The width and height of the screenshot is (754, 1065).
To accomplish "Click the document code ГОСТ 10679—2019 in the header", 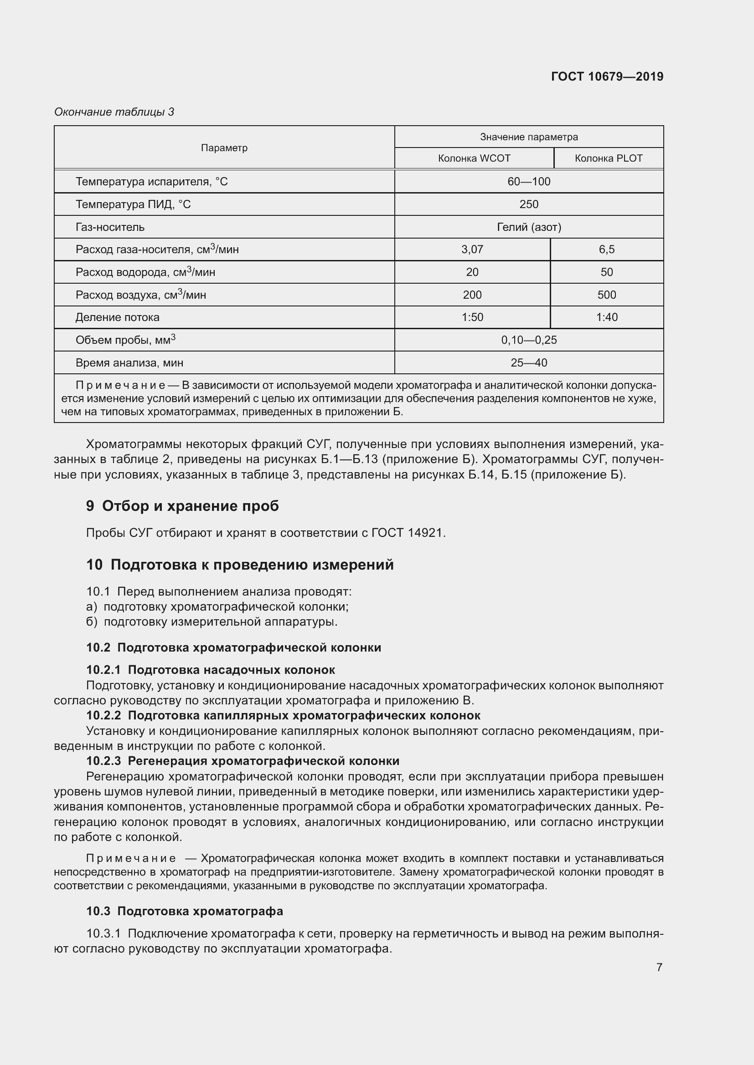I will point(607,76).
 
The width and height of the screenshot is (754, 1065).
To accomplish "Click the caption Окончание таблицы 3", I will point(114,112).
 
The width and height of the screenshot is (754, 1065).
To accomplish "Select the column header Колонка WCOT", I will point(474,158).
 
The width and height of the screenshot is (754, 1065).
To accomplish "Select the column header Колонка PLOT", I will point(608,158).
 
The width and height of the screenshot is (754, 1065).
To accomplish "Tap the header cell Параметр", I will point(224,148).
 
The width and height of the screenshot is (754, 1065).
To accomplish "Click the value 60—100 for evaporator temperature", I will point(528,181).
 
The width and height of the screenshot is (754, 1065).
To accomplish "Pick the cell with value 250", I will point(528,204).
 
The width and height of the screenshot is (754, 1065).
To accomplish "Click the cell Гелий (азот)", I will point(528,227).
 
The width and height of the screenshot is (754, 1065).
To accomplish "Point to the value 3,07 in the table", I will point(472,250).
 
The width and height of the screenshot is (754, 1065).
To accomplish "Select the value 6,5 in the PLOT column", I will point(606,250).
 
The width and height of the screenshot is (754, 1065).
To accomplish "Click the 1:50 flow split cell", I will point(472,317).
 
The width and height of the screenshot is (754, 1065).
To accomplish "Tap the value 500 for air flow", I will point(606,295).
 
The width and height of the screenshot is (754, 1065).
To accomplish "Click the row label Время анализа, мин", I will point(129,363).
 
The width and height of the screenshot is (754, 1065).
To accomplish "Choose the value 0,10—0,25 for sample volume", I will point(528,340).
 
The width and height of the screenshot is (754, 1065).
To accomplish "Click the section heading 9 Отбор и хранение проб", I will point(182,506).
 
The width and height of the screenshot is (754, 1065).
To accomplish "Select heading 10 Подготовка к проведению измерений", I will point(240,565).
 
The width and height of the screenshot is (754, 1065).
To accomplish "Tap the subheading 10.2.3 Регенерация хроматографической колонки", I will point(243,761).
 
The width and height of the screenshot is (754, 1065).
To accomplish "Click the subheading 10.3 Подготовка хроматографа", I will point(184,911).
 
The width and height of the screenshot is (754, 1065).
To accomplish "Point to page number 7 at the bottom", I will point(659,967).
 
